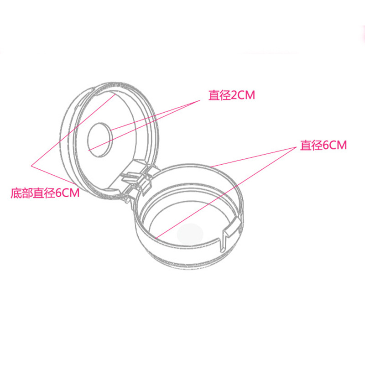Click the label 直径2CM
231,96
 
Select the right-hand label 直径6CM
323,146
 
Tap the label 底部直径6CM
45,193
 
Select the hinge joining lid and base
137,180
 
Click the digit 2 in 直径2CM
234,96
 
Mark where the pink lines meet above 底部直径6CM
31,165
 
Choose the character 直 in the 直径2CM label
214,96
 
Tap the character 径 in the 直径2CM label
224,96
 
